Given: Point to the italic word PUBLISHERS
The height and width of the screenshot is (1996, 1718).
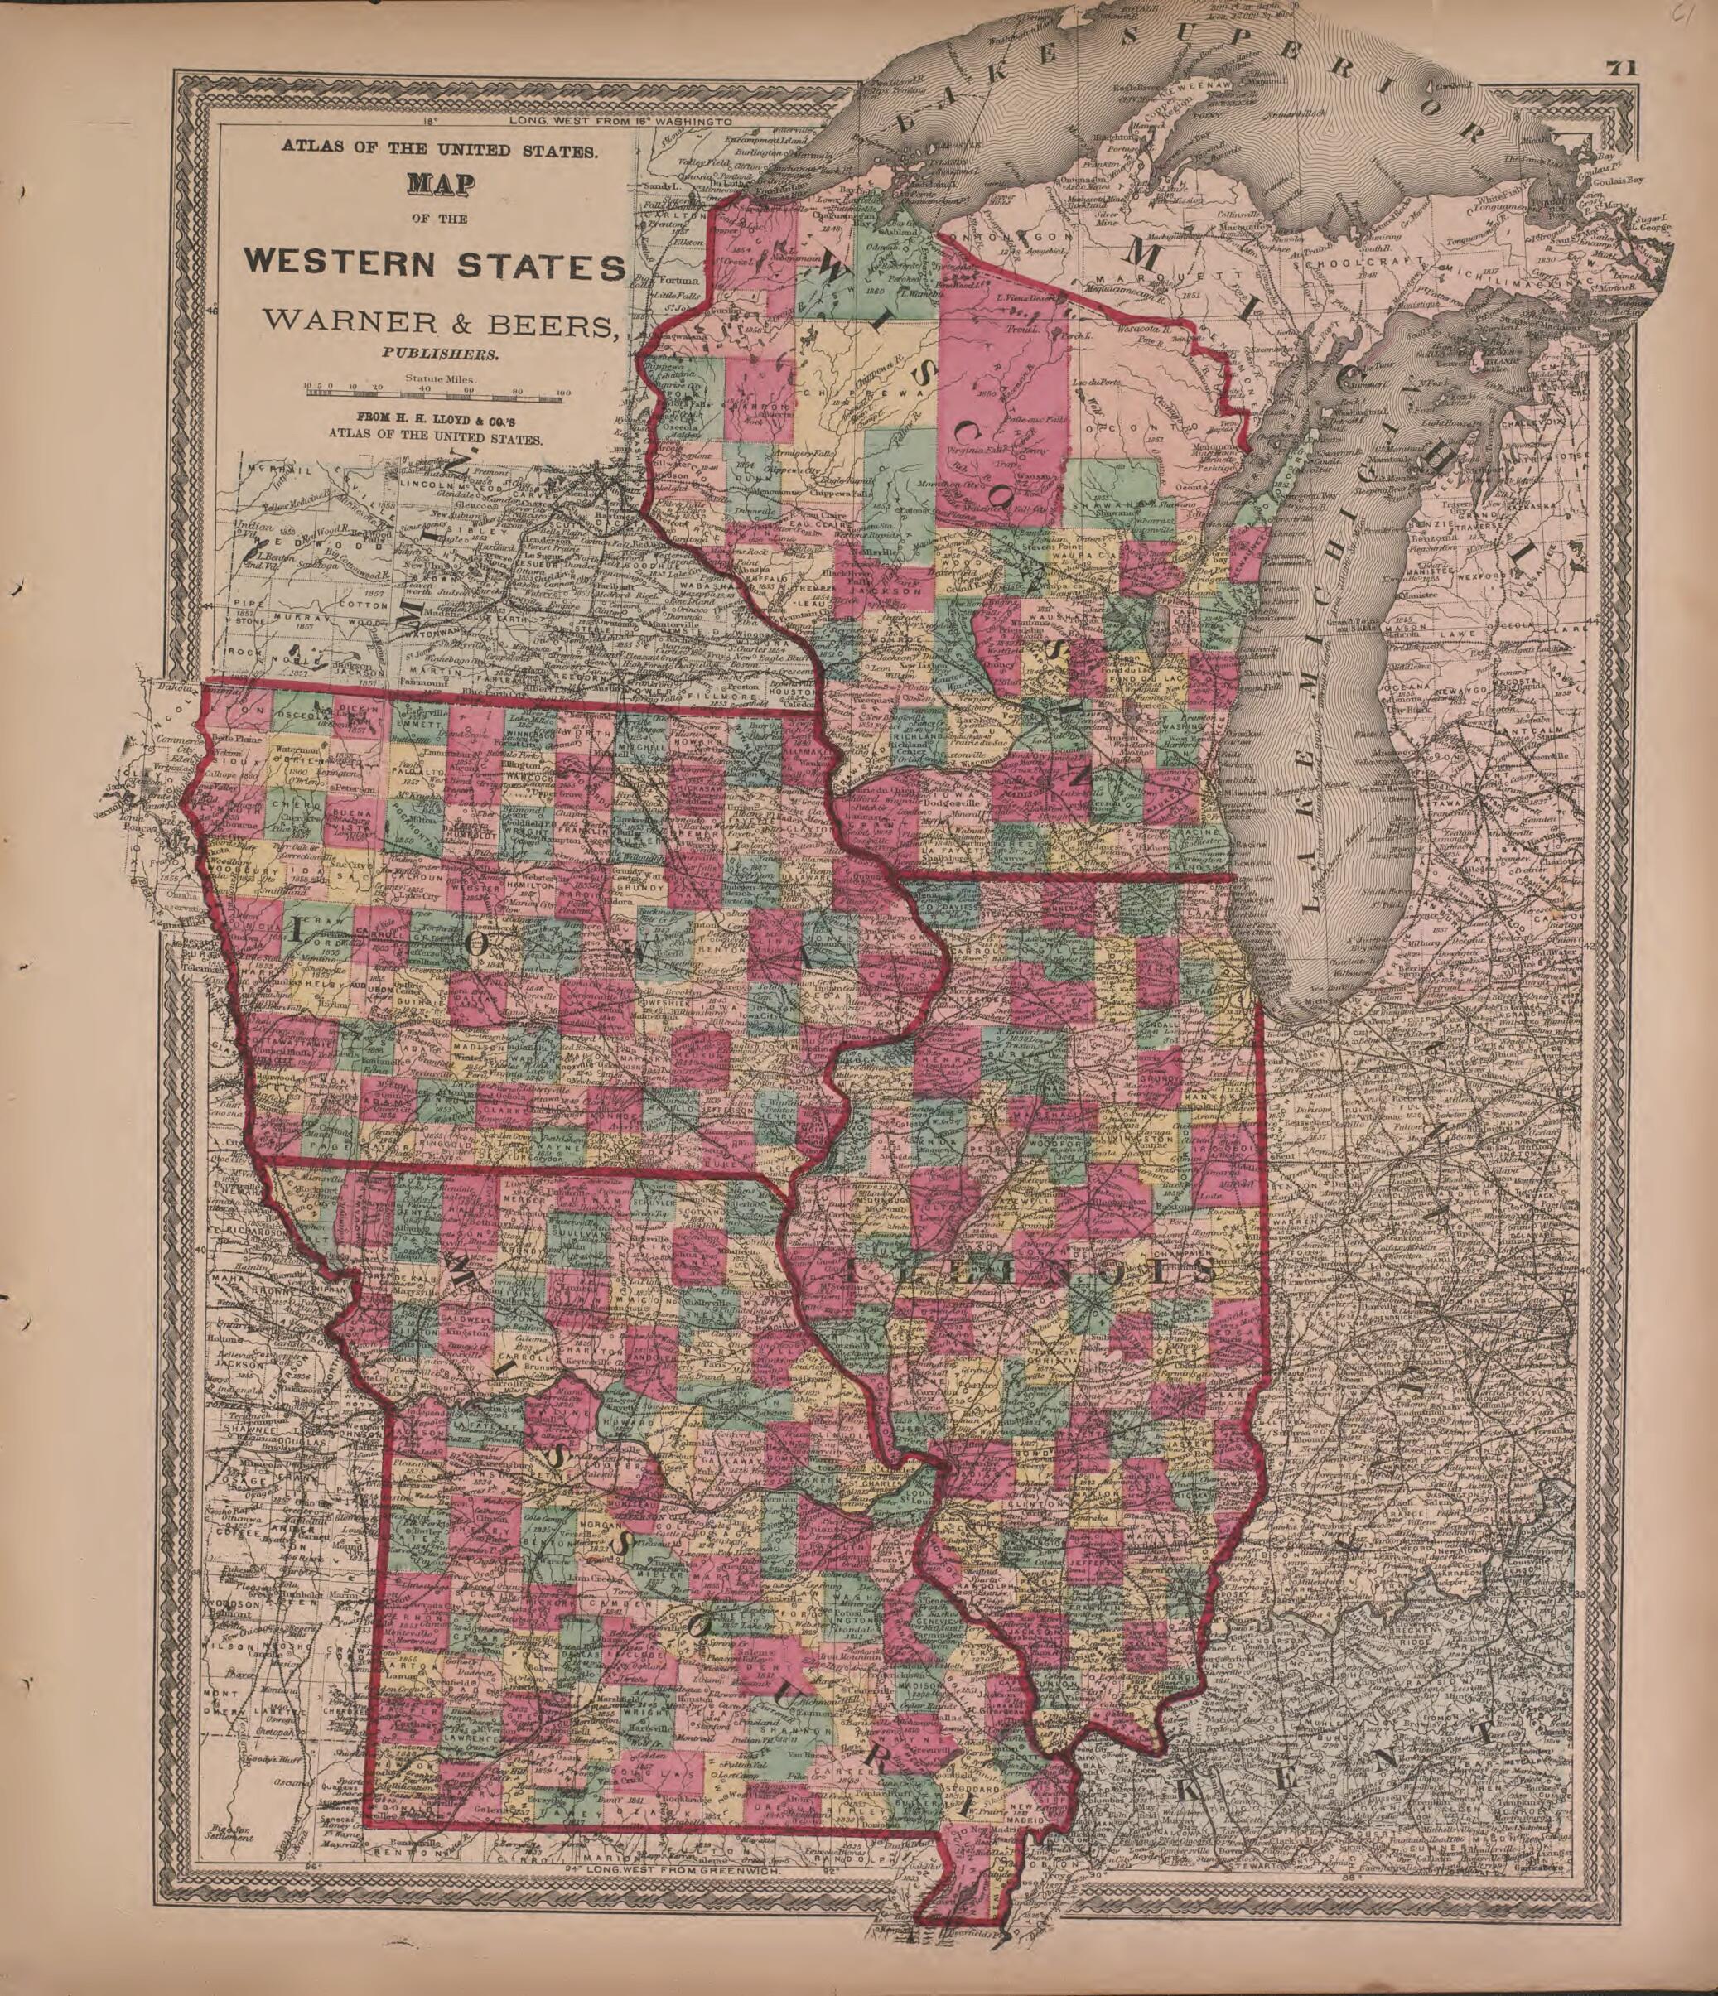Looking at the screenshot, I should coord(439,354).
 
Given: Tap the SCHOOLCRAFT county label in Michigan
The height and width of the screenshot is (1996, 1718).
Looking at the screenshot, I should coord(1341,262).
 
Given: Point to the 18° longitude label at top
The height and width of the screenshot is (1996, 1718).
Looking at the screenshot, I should coord(429,122).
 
